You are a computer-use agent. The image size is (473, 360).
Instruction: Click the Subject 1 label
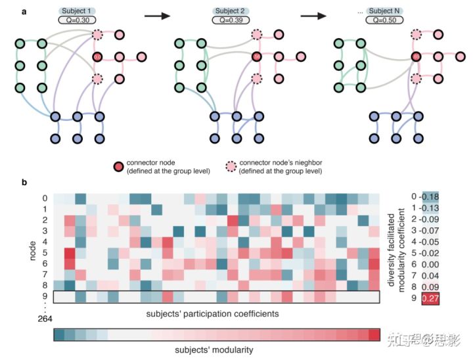(78, 11)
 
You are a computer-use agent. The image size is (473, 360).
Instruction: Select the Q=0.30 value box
(78, 20)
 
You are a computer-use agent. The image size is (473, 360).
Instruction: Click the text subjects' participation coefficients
(217, 313)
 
